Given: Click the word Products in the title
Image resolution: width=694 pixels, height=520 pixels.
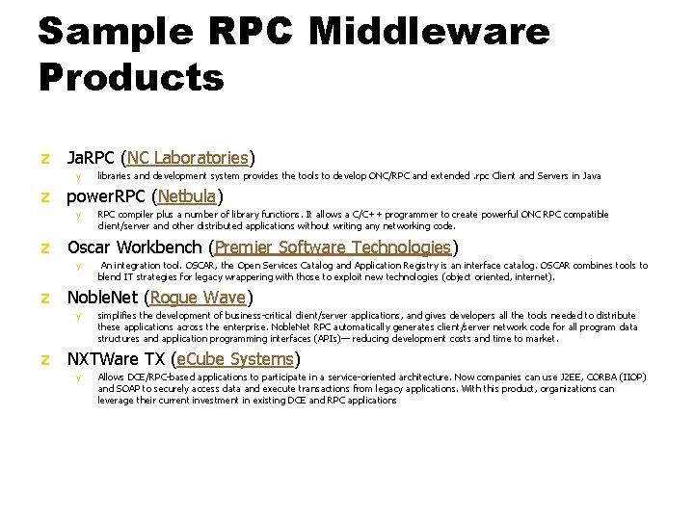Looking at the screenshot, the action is point(131,77).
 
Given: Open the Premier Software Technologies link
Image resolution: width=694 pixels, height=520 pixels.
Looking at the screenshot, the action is point(333,247).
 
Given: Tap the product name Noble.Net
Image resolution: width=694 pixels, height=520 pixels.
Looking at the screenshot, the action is point(102,298).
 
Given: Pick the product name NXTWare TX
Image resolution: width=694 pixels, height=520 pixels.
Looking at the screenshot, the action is point(112,359).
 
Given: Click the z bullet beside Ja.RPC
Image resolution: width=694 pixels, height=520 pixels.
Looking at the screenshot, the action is point(44,158).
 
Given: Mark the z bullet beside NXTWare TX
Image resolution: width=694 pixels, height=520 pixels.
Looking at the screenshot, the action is point(44,360).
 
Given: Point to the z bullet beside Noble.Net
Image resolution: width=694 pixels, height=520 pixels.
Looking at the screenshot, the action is point(44,299).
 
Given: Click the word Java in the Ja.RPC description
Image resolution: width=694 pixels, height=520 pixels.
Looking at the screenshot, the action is point(590,176).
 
